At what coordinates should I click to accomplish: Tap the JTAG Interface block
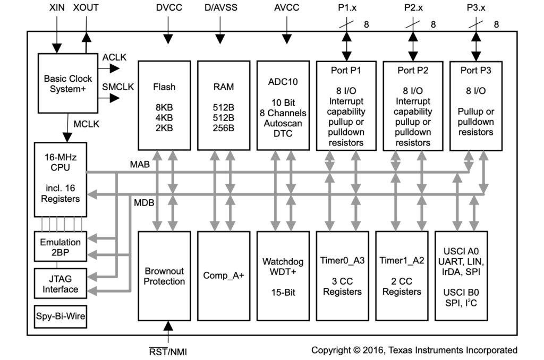(60, 284)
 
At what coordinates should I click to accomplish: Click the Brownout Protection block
(164, 276)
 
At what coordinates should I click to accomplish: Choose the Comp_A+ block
(224, 276)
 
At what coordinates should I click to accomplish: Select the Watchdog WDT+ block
(283, 276)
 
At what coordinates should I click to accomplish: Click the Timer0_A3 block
(342, 276)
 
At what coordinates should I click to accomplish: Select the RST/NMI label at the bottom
(168, 352)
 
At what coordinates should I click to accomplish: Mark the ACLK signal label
(114, 57)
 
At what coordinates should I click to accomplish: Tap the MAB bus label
(140, 165)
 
